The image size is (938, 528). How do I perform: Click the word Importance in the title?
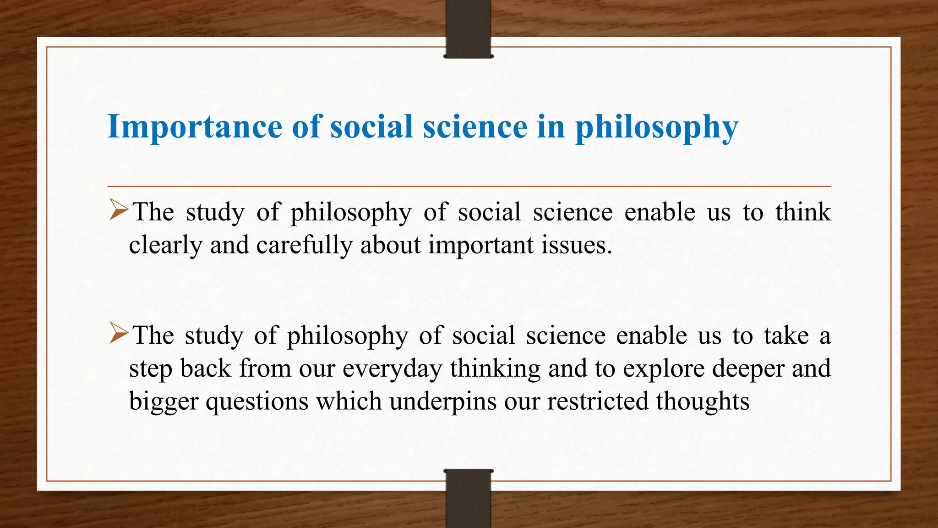pos(195,127)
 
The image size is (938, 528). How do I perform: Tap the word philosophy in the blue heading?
pos(656,127)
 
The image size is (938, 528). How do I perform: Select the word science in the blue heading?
pos(475,127)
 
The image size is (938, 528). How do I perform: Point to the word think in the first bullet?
pos(803,212)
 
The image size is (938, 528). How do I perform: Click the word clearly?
pos(165,245)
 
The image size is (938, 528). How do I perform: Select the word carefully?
pos(304,245)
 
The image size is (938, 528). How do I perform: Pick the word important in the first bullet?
pos(481,245)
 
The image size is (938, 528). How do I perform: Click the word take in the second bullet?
pos(786,336)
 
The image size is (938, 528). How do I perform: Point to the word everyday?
pos(392,369)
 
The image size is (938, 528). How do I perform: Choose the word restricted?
pos(597,401)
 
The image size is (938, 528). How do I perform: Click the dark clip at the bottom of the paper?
pos(468,499)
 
